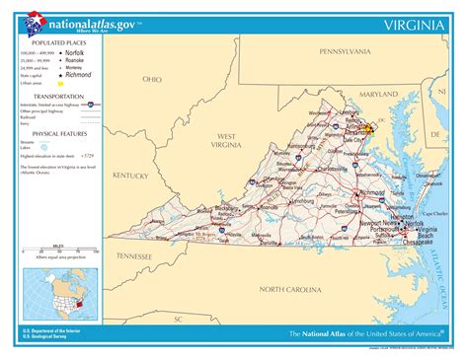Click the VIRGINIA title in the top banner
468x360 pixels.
[414, 22]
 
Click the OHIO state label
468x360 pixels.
[152, 78]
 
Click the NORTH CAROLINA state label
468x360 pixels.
[290, 289]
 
